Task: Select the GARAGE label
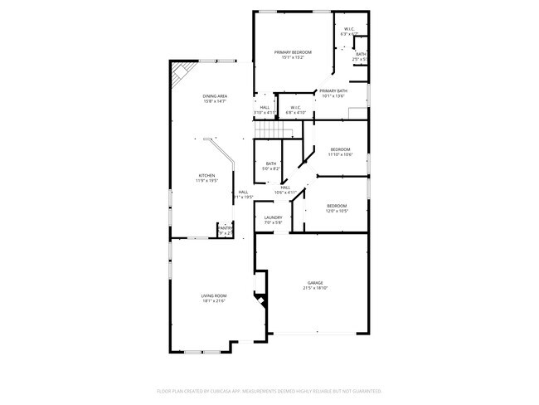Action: point(316,282)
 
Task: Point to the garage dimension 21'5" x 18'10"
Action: point(316,288)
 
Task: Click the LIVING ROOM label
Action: point(213,295)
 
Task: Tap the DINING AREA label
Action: point(215,96)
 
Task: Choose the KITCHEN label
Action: point(207,175)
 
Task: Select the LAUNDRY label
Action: point(273,217)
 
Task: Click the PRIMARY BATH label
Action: point(333,90)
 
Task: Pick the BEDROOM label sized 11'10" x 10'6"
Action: point(341,149)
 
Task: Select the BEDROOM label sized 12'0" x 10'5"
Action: point(336,205)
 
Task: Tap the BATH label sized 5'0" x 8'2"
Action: point(271,163)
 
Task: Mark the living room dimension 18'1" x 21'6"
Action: point(213,301)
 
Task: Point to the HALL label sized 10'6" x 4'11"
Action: point(284,188)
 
